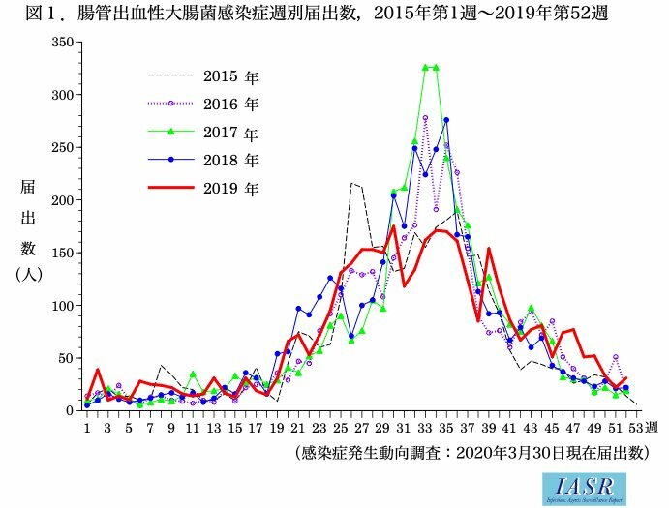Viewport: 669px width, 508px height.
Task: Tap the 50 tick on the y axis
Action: (x=67, y=358)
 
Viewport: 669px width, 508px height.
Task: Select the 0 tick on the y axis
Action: (x=71, y=410)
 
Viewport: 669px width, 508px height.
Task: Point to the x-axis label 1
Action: (x=87, y=427)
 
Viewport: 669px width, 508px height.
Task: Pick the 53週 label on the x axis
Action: (x=642, y=427)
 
